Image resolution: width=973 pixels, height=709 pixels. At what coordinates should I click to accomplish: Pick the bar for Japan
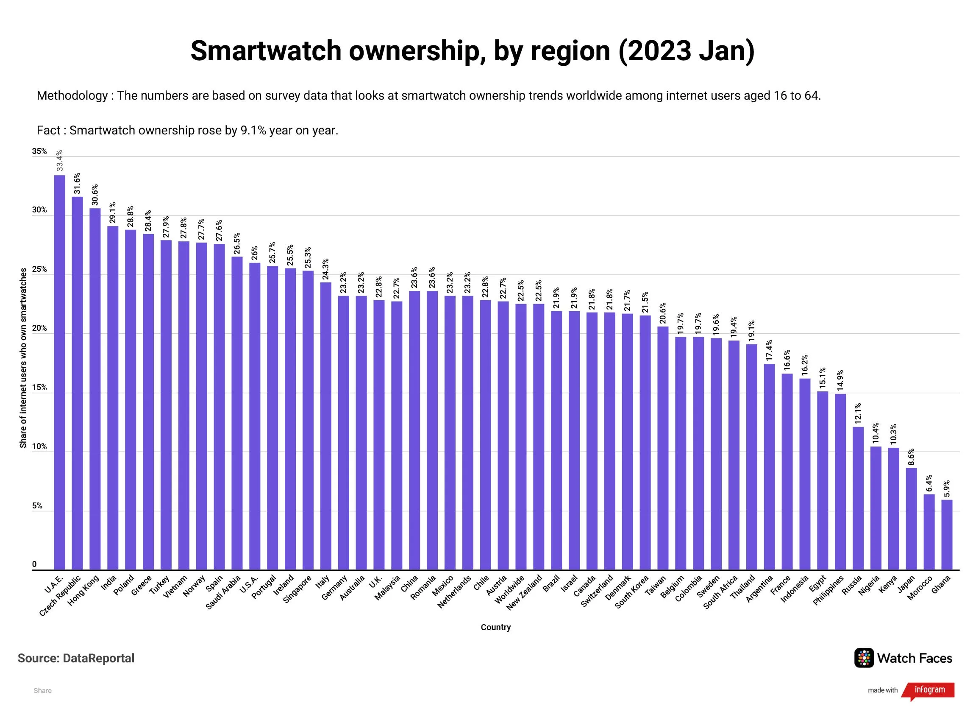[911, 519]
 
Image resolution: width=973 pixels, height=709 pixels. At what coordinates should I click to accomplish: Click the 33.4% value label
[60, 161]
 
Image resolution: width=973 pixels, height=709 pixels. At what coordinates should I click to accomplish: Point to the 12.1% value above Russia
[858, 413]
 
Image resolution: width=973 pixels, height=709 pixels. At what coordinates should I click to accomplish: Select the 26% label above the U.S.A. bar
[254, 253]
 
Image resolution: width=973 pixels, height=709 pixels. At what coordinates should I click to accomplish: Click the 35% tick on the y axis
[39, 151]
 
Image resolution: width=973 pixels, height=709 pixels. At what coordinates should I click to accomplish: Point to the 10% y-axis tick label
[39, 447]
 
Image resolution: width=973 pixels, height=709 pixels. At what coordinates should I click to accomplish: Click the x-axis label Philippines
[829, 592]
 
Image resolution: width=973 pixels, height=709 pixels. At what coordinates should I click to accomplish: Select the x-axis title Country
[495, 627]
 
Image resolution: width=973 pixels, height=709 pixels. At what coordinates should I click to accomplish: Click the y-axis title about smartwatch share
[23, 358]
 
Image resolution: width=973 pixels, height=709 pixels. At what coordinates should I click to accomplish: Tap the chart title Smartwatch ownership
[473, 51]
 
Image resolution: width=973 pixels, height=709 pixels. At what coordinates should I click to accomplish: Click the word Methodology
[72, 95]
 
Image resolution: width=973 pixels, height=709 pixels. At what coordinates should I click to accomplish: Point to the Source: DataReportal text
[76, 658]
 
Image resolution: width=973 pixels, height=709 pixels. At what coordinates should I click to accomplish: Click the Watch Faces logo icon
[864, 658]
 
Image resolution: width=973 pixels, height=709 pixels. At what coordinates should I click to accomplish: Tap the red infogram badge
[929, 690]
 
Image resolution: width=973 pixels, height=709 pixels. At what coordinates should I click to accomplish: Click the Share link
[42, 690]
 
